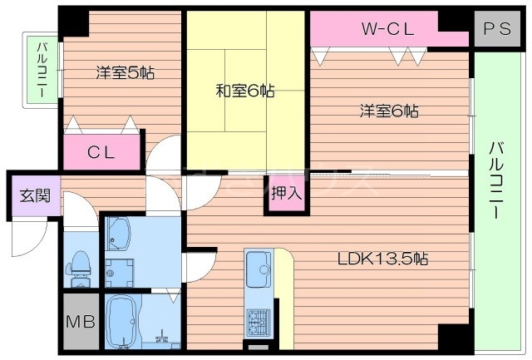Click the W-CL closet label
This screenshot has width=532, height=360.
click(387, 28)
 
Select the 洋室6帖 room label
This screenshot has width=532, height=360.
click(388, 110)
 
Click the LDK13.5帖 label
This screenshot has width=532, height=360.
click(382, 259)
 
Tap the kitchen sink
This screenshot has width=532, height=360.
click(258, 266)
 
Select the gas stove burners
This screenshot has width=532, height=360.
click(257, 319)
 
